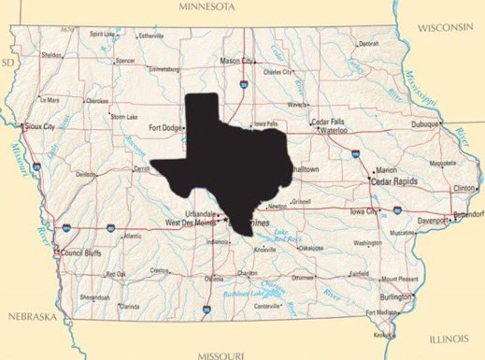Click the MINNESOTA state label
pyautogui.click(x=239, y=7)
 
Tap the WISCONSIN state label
pyautogui.click(x=446, y=29)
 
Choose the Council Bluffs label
pyautogui.click(x=78, y=252)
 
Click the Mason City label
pyautogui.click(x=236, y=61)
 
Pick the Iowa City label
pyautogui.click(x=364, y=212)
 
